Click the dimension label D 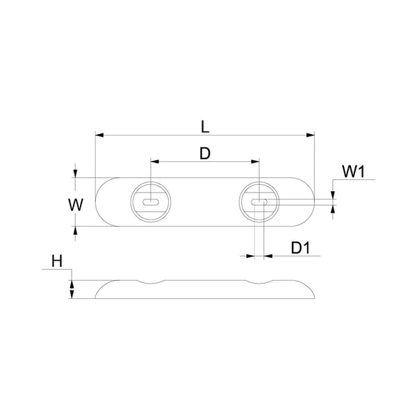(205, 154)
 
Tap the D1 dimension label (300, 247)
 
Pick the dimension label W (77, 205)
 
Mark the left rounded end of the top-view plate (99, 202)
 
